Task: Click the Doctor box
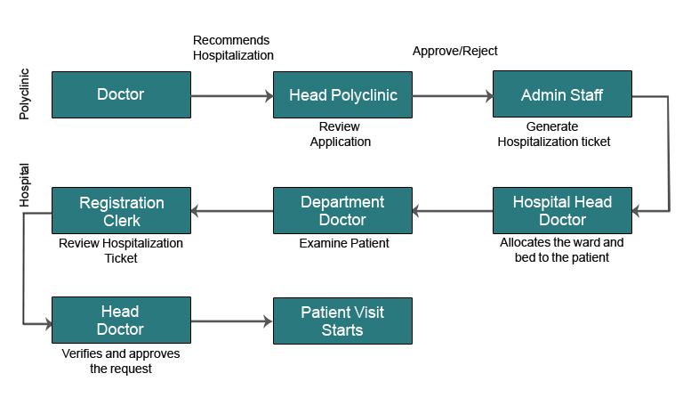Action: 120,94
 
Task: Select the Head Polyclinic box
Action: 342,94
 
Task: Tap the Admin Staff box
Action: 562,94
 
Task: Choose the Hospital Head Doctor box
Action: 562,211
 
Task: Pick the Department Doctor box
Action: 342,211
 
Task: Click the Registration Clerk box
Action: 121,211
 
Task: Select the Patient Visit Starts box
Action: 342,321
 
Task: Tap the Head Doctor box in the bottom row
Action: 121,321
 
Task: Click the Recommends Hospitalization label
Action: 233,48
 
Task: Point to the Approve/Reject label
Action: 454,51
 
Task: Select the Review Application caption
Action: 340,134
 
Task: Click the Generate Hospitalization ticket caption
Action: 553,134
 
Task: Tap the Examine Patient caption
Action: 343,243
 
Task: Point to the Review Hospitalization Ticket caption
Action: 121,250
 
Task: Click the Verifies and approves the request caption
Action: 121,361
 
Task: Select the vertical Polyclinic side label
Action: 25,94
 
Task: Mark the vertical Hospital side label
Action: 25,185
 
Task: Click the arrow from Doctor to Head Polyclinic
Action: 231,95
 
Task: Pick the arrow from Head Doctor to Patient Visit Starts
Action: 231,321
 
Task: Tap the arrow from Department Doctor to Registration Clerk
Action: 231,211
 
